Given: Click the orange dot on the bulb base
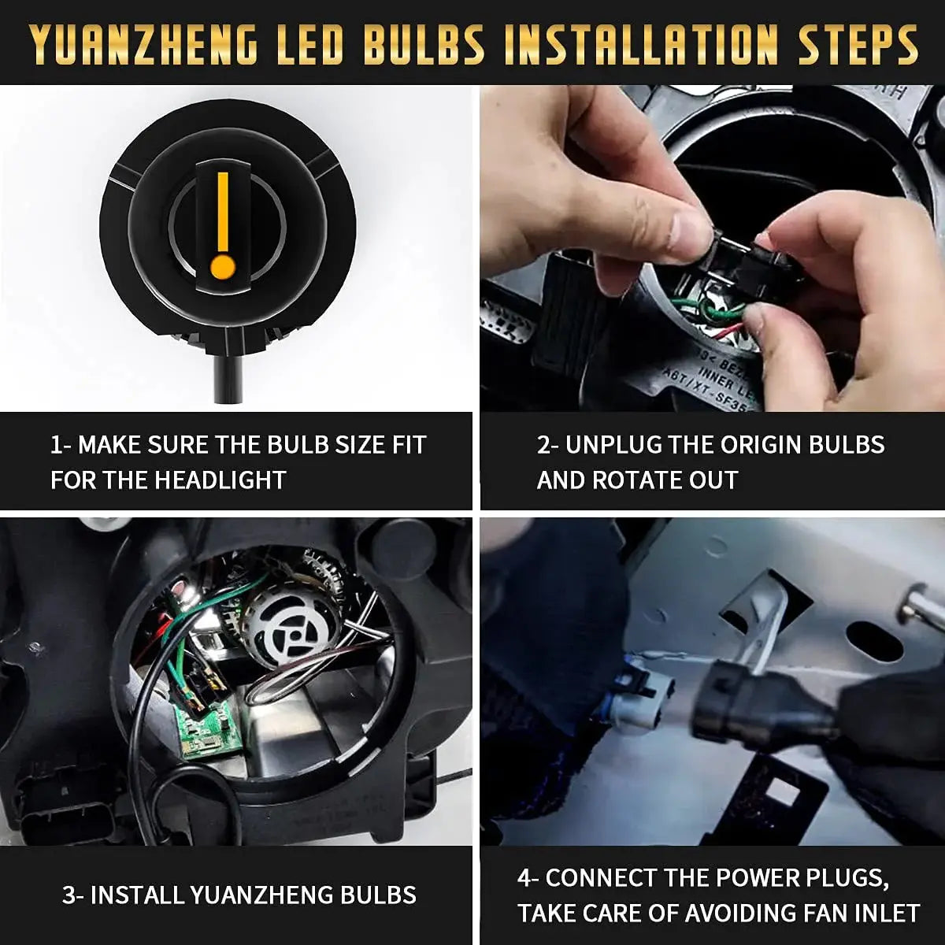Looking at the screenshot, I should click(x=223, y=266).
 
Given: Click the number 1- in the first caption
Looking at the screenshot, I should click(x=61, y=445).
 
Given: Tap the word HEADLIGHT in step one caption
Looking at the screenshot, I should click(x=220, y=480).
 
